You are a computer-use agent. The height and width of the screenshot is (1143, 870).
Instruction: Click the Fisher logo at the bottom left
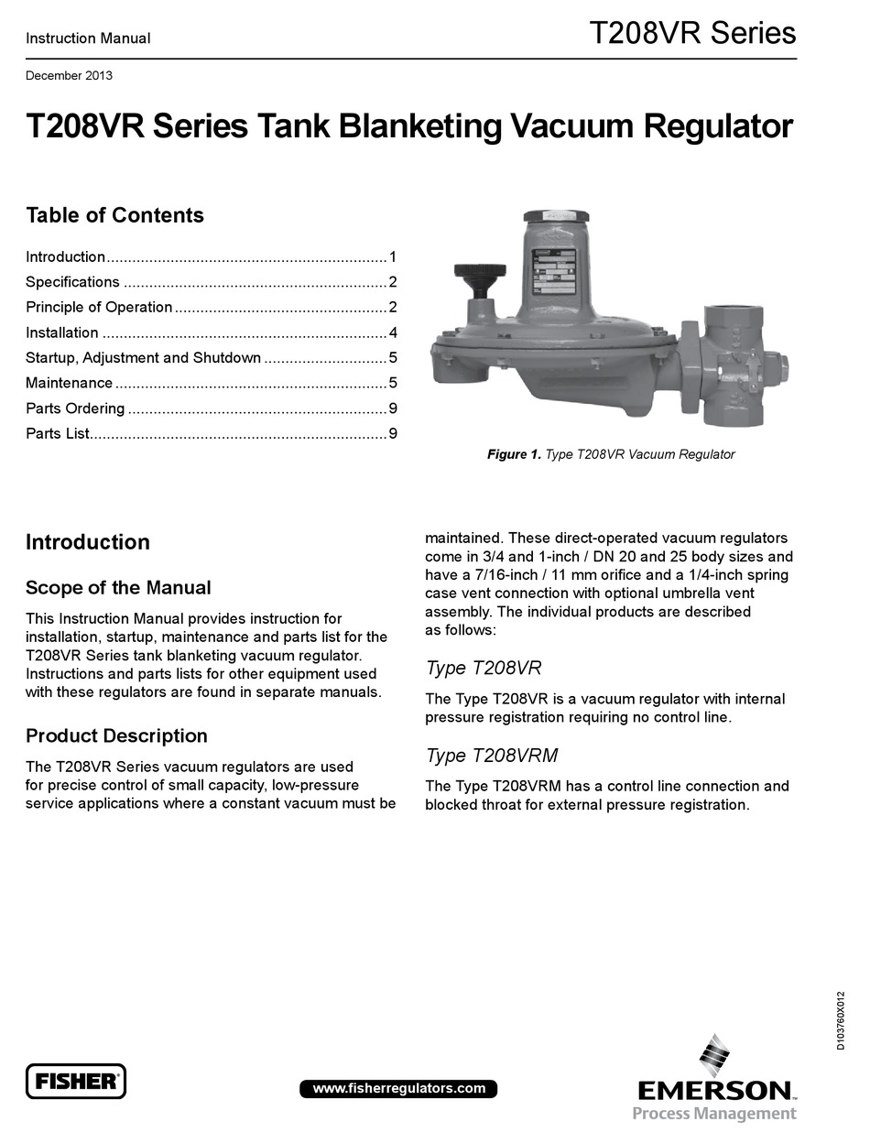(75, 1081)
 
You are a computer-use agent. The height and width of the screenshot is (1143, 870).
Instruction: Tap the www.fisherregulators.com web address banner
(398, 1088)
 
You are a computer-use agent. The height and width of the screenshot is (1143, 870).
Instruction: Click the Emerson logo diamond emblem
(713, 1054)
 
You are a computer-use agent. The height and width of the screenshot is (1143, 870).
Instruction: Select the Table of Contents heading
(114, 215)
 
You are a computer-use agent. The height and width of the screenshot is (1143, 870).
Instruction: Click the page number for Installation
(392, 332)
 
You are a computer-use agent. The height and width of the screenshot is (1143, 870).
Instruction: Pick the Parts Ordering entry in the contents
(75, 408)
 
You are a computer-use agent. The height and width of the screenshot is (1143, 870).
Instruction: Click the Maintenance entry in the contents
(70, 383)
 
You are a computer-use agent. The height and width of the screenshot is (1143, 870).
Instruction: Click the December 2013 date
(69, 76)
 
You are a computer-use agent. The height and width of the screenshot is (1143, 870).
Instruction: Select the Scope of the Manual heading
(118, 588)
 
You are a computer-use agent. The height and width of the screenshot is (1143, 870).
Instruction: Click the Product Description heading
(116, 736)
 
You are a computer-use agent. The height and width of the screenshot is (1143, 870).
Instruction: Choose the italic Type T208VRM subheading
(492, 756)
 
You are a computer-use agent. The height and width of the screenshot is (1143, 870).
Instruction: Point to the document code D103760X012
(842, 1020)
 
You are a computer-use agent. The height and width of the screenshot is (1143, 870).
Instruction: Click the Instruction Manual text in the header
(88, 38)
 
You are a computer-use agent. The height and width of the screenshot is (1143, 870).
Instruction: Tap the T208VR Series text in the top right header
(691, 34)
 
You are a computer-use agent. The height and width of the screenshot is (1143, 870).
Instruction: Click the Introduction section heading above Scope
(88, 542)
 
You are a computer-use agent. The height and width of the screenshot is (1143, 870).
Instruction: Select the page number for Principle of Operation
(392, 308)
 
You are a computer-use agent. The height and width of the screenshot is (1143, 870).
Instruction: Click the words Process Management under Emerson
(714, 1114)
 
